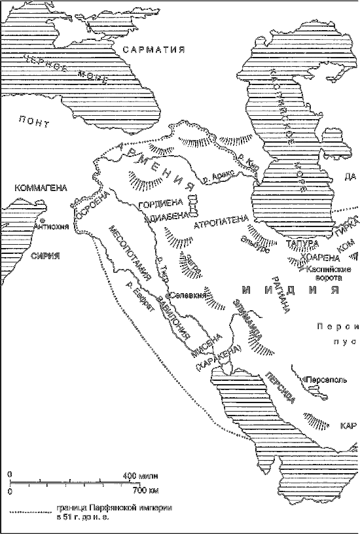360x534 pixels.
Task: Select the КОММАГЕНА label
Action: (x=40, y=188)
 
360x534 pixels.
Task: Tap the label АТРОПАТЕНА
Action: (x=221, y=223)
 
